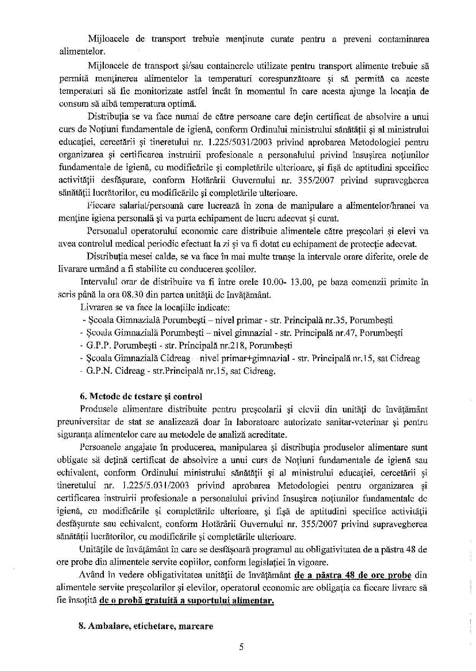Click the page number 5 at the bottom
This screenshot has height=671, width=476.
coord(241,647)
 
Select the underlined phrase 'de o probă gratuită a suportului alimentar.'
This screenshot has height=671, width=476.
coord(187,601)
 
